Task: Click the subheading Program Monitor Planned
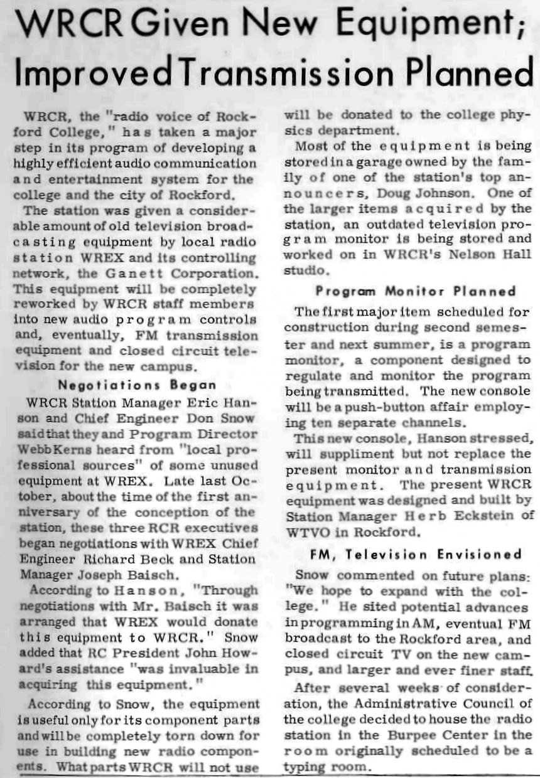click(415, 291)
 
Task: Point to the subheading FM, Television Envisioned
click(416, 555)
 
